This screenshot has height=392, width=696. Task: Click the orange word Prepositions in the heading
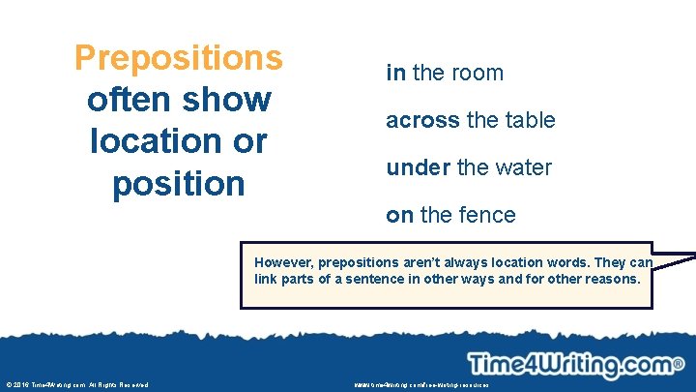[179, 57]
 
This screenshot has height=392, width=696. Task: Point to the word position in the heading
[179, 182]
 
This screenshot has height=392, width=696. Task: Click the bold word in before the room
[395, 73]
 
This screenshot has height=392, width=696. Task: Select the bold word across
[422, 120]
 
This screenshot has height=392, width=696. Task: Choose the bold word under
[419, 167]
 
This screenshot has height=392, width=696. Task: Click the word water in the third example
[523, 167]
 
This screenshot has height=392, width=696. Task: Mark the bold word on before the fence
[399, 215]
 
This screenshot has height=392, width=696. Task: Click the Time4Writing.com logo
[570, 364]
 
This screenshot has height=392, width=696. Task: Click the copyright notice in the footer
[76, 384]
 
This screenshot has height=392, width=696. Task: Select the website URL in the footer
[422, 384]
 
